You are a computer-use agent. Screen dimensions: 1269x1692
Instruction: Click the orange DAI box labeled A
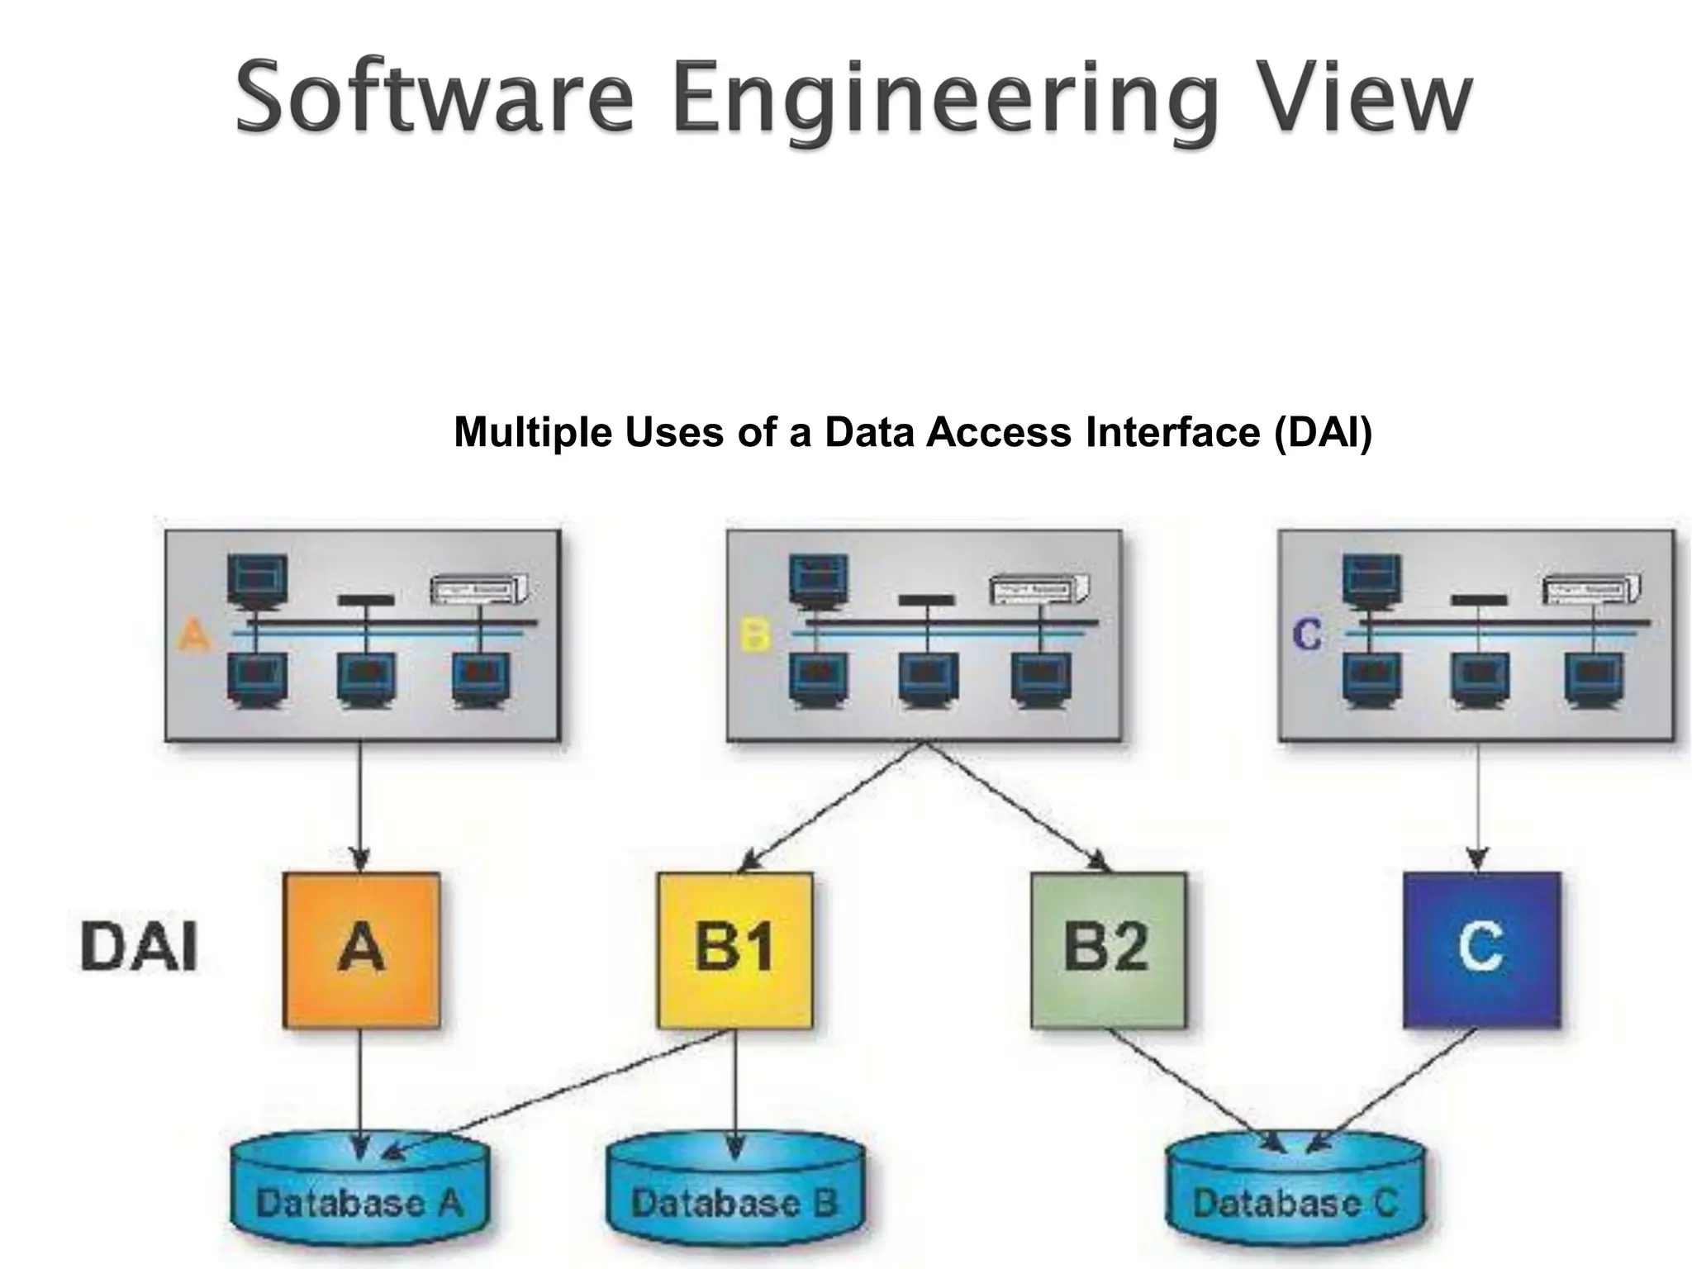361,949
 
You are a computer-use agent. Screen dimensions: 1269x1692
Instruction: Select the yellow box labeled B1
734,949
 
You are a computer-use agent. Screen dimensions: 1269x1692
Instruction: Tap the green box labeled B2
1108,949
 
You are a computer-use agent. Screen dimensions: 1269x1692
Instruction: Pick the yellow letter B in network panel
754,635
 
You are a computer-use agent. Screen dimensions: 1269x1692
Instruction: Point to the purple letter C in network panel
1307,634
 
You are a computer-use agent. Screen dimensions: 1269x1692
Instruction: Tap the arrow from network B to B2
1016,806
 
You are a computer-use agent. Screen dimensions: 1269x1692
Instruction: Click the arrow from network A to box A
359,806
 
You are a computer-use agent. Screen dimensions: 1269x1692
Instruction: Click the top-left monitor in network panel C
1371,578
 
